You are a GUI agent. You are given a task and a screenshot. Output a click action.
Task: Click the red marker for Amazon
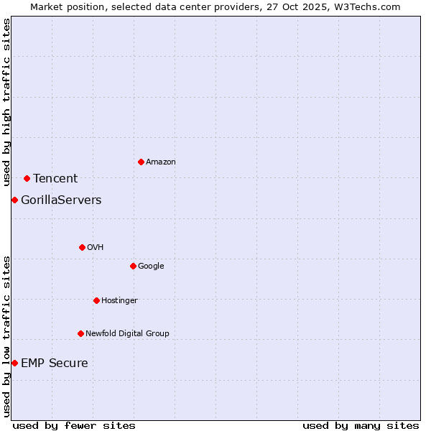point(141,162)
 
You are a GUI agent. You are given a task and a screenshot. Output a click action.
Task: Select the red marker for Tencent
point(27,178)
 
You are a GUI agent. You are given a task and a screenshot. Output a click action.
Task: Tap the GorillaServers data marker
point(14,200)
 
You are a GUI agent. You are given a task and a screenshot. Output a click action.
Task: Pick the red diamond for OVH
point(82,247)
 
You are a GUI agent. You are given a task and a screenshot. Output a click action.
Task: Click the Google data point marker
point(133,266)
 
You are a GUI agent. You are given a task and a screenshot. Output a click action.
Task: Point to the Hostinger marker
point(96,300)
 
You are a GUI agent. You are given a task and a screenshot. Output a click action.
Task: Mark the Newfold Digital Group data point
point(80,333)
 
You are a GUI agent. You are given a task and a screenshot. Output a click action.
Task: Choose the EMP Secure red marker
point(14,363)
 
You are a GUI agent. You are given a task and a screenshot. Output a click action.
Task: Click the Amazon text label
point(161,162)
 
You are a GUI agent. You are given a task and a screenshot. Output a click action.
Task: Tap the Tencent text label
point(55,179)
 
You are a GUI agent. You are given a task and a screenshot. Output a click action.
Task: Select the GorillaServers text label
point(61,200)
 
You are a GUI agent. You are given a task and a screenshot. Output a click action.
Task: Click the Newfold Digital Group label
point(127,333)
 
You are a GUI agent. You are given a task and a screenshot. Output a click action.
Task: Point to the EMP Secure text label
point(55,363)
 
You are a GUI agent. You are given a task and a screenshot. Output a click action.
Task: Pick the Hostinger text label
point(119,300)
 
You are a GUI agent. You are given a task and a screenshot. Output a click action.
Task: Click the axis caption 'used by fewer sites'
point(74,425)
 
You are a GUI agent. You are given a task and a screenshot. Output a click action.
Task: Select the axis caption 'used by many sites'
point(361,425)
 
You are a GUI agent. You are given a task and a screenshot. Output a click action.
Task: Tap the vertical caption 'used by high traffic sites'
point(6,102)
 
